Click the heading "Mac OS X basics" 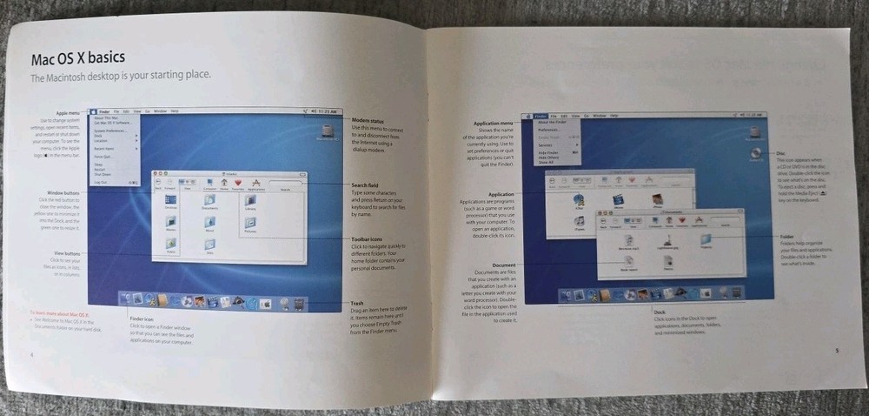[77, 58]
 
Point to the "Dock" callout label [660, 311]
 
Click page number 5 [835, 351]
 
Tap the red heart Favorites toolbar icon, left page [237, 184]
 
